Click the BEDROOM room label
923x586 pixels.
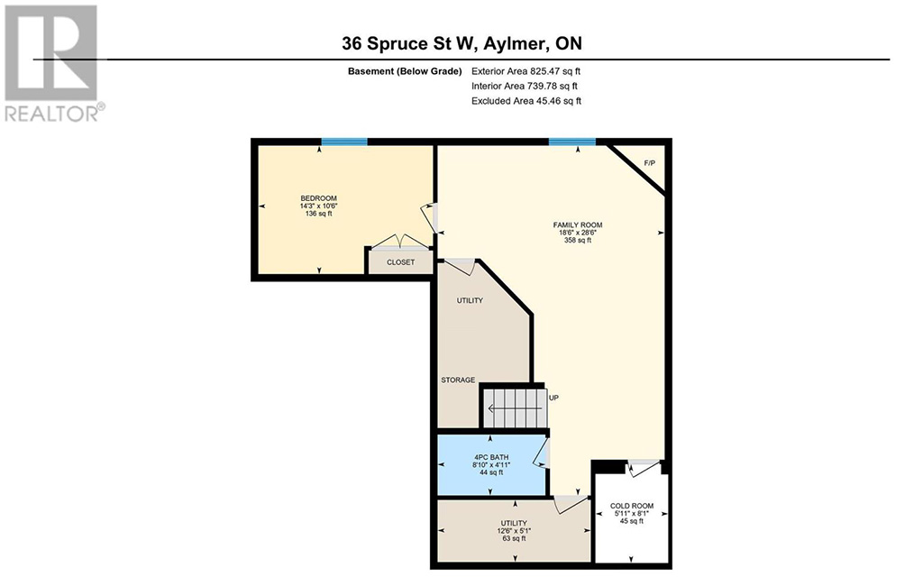tap(318, 198)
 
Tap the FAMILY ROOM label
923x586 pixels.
tap(578, 225)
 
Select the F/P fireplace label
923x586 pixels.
tap(649, 162)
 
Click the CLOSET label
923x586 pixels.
tap(400, 262)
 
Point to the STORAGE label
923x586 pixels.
tap(458, 380)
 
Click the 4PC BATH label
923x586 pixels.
tap(491, 457)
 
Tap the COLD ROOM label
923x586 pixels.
tap(632, 506)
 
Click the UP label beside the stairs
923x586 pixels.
tap(553, 398)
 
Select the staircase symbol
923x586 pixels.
tap(515, 407)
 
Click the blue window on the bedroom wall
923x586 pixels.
tap(344, 142)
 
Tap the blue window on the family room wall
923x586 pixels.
tap(572, 142)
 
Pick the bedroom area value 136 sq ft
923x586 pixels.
tap(318, 214)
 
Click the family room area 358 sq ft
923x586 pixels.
tap(578, 241)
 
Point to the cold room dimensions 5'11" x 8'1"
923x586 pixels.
tap(632, 514)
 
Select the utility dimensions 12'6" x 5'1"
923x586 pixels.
tap(514, 531)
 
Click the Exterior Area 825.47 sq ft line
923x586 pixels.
tap(525, 71)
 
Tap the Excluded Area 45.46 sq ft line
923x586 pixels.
tap(526, 101)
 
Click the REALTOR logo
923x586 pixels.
tap(54, 63)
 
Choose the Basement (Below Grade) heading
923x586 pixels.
tap(405, 71)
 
